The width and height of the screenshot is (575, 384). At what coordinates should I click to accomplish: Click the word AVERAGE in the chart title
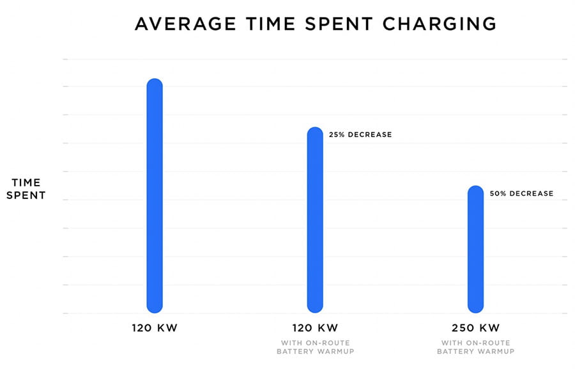click(x=180, y=24)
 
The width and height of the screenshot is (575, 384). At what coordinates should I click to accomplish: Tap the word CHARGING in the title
click(x=441, y=24)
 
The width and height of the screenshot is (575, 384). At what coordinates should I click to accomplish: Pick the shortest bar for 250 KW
click(x=475, y=249)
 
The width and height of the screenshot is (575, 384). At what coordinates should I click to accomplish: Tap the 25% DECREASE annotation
click(x=360, y=135)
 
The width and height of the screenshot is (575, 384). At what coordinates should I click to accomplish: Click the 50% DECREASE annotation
click(x=521, y=193)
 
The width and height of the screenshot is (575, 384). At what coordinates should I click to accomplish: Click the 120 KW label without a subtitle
click(x=155, y=328)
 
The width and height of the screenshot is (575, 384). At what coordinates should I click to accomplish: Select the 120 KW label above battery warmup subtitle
click(x=315, y=328)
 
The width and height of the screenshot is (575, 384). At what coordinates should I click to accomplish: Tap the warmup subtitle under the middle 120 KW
click(x=315, y=348)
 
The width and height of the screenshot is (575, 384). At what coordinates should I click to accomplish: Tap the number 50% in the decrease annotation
click(x=498, y=193)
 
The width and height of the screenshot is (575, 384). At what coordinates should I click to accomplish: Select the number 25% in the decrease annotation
click(x=336, y=135)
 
